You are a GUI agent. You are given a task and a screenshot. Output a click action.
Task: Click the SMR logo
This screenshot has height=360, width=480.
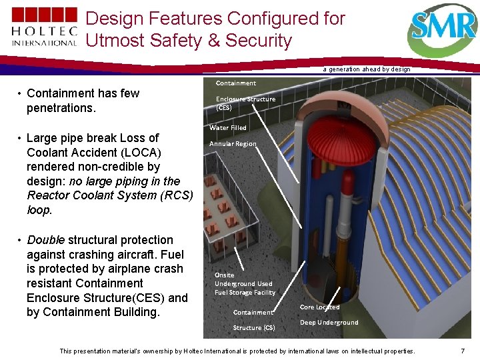point(443,29)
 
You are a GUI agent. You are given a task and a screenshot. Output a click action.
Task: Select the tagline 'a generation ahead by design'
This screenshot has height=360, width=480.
point(367,69)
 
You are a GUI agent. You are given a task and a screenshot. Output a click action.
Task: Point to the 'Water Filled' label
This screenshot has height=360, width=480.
point(228,127)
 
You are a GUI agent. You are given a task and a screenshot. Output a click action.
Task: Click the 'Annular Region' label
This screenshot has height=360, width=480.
point(233,144)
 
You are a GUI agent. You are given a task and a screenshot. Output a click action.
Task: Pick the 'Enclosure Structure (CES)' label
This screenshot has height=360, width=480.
point(245,103)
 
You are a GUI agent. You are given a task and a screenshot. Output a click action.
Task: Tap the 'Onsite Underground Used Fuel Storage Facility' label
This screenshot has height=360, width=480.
point(245,283)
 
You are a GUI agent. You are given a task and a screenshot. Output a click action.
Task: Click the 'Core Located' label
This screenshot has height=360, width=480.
point(319,307)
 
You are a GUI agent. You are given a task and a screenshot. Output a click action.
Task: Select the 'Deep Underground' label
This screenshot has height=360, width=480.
point(329,323)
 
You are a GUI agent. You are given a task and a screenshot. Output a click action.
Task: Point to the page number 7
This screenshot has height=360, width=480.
point(463,351)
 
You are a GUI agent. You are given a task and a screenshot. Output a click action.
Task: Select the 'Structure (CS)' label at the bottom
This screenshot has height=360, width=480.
point(253,327)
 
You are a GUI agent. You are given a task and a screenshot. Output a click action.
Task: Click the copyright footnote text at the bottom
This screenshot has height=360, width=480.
point(237,351)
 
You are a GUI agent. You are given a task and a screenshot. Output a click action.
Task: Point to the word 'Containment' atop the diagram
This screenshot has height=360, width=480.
point(235,83)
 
